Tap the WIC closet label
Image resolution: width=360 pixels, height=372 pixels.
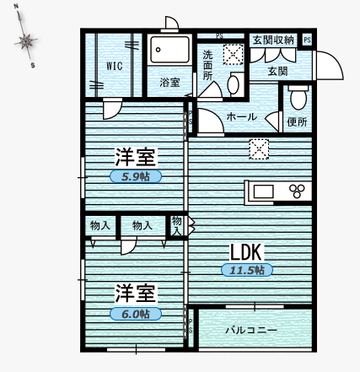[116, 67]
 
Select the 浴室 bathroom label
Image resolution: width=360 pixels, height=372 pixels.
[169, 82]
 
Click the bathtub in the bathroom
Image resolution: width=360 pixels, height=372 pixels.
[169, 51]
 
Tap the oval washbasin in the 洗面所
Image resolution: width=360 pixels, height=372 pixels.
[234, 84]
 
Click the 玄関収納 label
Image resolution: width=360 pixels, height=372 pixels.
[272, 40]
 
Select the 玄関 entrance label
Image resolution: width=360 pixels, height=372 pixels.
[277, 72]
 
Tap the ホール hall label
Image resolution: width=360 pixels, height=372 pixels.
[242, 117]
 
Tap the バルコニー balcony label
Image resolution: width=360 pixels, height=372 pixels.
[250, 330]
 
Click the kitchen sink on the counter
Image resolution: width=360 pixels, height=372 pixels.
[263, 190]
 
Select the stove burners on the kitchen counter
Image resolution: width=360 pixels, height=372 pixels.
[298, 190]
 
